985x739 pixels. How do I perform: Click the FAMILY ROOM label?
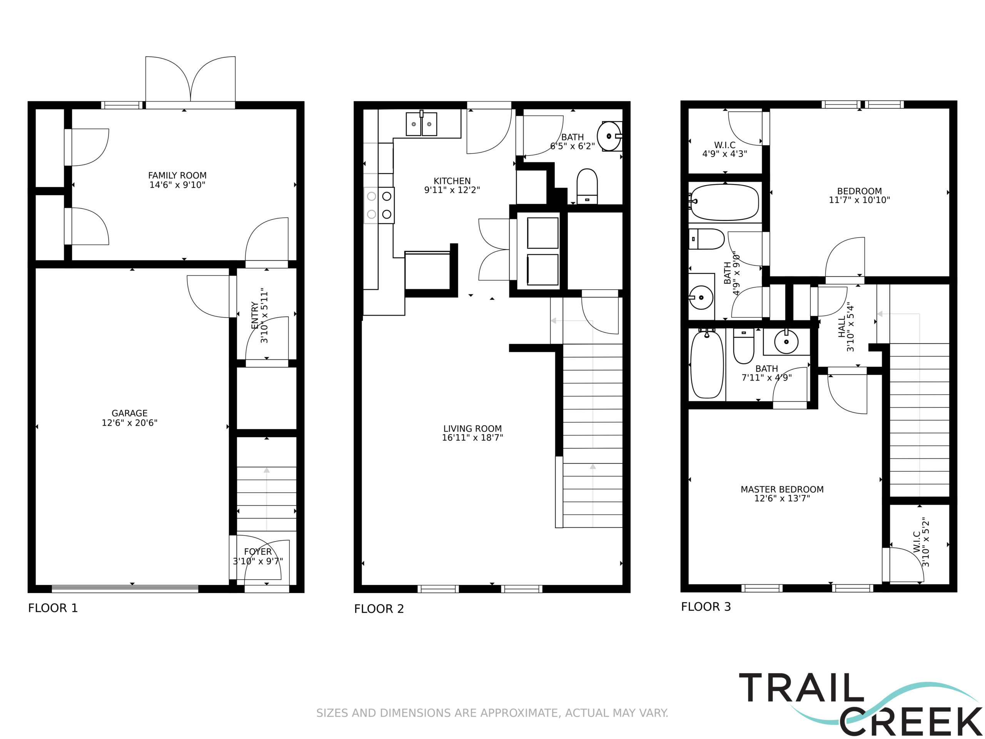[x=177, y=176]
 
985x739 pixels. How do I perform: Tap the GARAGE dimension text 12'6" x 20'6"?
[x=130, y=423]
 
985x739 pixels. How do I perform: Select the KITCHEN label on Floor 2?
[x=452, y=181]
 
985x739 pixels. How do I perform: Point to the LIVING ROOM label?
[x=472, y=428]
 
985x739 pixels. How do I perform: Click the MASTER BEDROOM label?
[x=782, y=489]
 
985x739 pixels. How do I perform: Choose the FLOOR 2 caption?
[x=379, y=609]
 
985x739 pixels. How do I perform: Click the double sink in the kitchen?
[x=421, y=124]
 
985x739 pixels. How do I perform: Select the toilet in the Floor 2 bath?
[x=587, y=186]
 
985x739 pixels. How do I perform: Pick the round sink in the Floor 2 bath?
[x=609, y=136]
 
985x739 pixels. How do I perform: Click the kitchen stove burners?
[x=379, y=205]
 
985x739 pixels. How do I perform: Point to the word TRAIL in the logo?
[x=801, y=688]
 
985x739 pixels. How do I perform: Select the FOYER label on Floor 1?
[x=258, y=552]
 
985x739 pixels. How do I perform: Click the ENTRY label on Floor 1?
[x=255, y=315]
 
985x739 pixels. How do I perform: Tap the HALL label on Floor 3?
[x=841, y=326]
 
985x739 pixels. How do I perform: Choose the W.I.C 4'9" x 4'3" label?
[x=725, y=145]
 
